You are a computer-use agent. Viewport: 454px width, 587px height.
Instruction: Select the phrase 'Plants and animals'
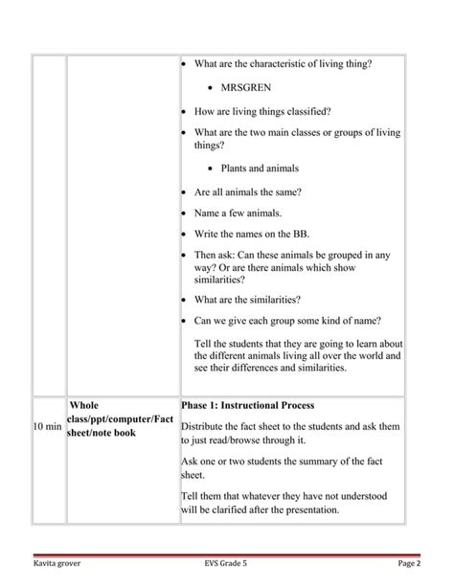tap(260, 168)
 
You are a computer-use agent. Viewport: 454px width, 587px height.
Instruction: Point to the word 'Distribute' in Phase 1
tap(206, 425)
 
